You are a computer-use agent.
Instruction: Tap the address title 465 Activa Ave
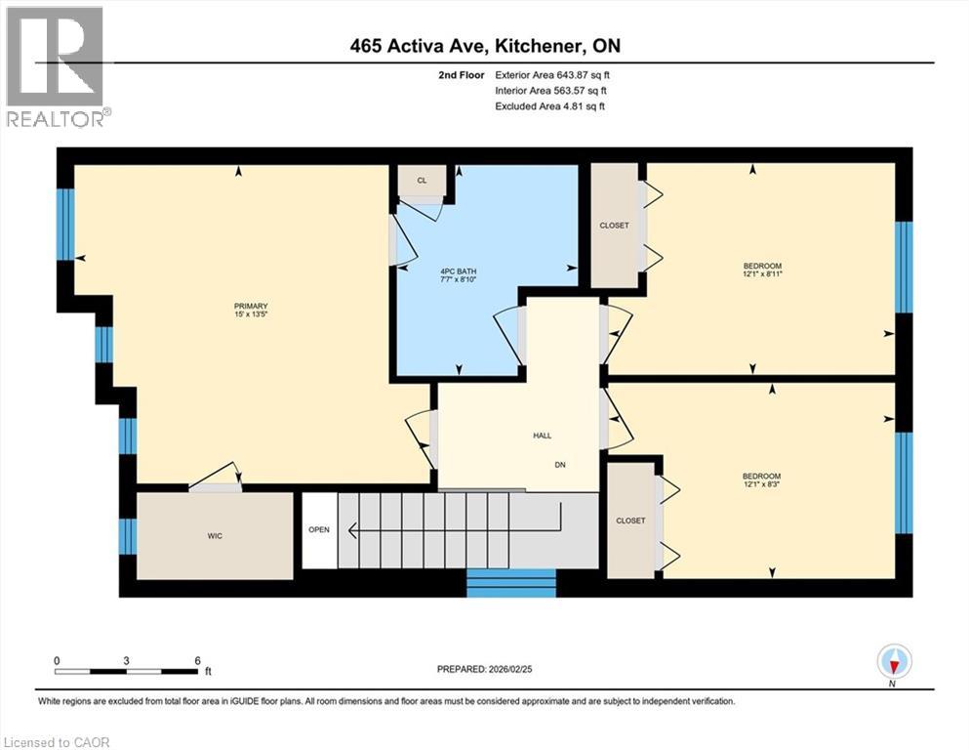click(484, 46)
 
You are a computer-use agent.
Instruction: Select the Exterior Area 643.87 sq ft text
click(554, 74)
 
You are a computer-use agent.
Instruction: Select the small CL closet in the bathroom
click(422, 181)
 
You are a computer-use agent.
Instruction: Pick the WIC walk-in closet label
click(214, 536)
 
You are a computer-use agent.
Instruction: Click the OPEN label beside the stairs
click(319, 530)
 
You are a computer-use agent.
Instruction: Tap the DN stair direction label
click(560, 465)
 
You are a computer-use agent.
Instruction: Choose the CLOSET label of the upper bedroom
click(614, 226)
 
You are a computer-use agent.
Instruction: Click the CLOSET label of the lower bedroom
click(630, 521)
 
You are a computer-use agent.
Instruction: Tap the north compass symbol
click(894, 663)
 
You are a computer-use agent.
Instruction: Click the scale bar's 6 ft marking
click(197, 660)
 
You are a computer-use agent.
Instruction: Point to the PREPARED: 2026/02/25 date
click(489, 669)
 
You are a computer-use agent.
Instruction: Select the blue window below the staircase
click(511, 583)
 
